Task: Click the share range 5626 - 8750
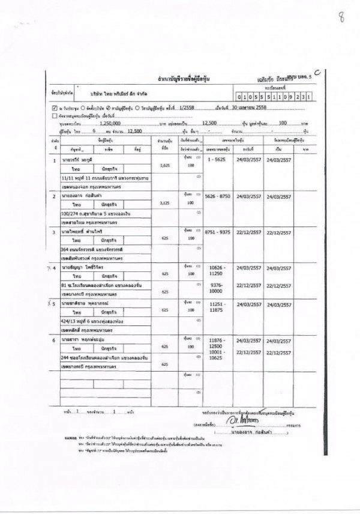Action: (x=218, y=196)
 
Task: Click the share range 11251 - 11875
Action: (x=218, y=307)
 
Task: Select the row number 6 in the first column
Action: (x=55, y=340)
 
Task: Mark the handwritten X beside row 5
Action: (x=47, y=304)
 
